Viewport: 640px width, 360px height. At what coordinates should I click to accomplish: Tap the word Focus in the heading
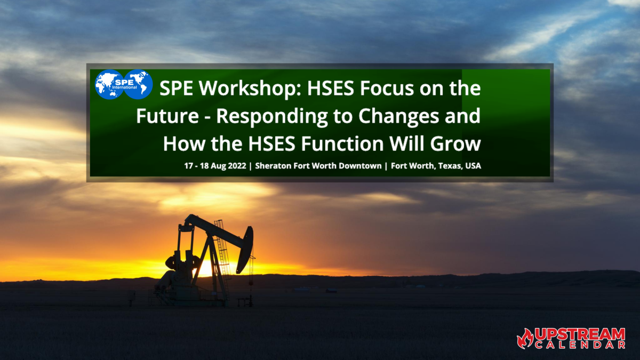click(387, 89)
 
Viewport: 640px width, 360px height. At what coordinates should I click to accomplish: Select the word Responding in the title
click(271, 117)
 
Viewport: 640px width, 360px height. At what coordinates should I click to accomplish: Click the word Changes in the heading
click(398, 117)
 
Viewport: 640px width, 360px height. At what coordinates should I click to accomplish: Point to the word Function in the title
click(342, 143)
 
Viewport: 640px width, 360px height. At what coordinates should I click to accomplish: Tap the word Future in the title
click(167, 116)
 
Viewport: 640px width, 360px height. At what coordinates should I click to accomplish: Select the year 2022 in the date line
click(237, 166)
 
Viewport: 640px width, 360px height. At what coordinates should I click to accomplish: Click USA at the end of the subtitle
click(473, 166)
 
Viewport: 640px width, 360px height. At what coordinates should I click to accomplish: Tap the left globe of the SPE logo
click(109, 85)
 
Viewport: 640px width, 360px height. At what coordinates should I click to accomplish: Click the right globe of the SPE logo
click(138, 85)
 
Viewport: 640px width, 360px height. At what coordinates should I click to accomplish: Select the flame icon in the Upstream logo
click(525, 338)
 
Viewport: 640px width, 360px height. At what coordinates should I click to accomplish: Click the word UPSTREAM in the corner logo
click(579, 334)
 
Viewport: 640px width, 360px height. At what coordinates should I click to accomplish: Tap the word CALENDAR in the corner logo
click(580, 345)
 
